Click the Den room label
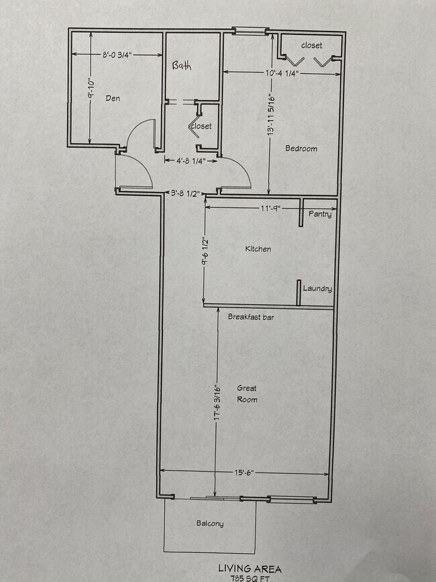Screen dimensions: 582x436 point(112,98)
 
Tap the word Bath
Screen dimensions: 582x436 point(182,66)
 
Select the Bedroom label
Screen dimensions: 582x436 point(301,148)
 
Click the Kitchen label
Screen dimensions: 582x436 point(258,249)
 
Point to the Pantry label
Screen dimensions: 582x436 point(320,215)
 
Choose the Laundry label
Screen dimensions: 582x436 point(317,289)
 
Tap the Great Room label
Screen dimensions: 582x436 point(247,394)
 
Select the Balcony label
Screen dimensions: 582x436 point(209,524)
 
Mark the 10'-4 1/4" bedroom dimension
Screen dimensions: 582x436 point(280,72)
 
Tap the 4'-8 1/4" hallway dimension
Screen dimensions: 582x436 point(191,160)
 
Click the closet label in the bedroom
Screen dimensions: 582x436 point(311,46)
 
